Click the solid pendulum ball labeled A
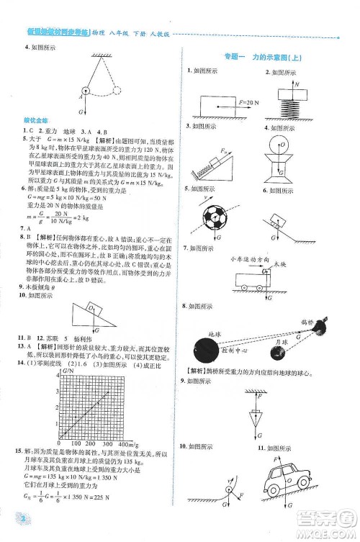86,91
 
